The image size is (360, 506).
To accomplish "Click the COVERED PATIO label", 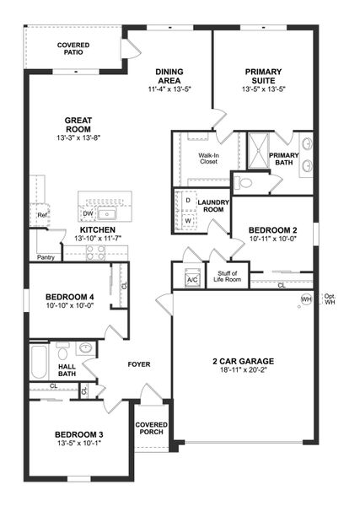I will coord(73,48).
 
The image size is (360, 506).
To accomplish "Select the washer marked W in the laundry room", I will coord(187,221).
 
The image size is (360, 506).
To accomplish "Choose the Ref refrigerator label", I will coord(41,215).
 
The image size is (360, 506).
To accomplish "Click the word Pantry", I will coord(46,256).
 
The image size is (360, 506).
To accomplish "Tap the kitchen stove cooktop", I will coord(96,250).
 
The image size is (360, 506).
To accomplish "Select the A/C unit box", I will coord(191,279).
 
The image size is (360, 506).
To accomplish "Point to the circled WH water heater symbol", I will coord(306,299).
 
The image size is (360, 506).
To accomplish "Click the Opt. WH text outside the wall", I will coord(330,299).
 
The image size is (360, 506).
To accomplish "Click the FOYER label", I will coord(138,364).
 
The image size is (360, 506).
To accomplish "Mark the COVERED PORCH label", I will coord(152,428).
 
